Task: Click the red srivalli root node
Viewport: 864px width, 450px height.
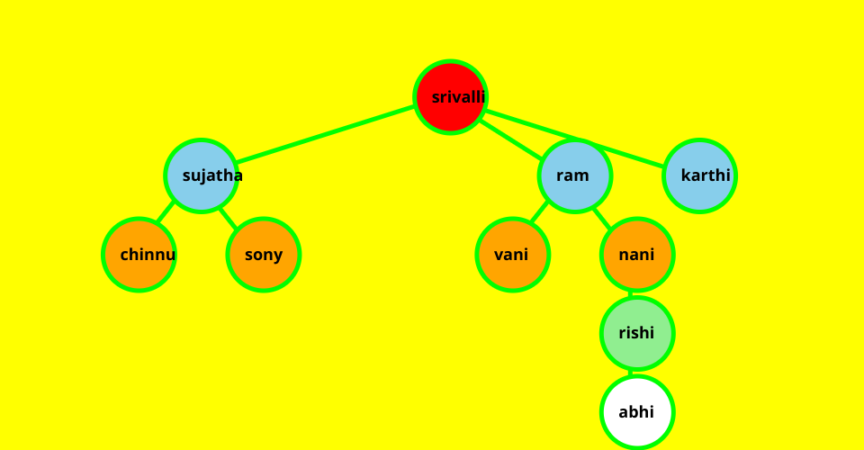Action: tap(451, 97)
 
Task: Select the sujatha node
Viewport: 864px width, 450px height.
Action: tap(201, 175)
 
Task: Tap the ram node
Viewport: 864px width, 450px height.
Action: tap(575, 175)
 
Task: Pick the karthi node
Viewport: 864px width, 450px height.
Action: tap(699, 175)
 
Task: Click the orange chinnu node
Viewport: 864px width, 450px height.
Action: tap(139, 255)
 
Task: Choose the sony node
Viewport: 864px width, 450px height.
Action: tap(263, 255)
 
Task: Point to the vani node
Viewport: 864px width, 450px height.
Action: tap(512, 255)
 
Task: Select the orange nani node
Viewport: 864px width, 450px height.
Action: tap(637, 255)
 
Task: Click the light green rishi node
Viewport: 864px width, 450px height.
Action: tap(637, 333)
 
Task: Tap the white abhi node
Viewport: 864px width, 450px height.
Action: tap(637, 412)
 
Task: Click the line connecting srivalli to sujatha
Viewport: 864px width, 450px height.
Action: tap(324, 136)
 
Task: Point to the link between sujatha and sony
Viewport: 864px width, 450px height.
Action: tap(228, 217)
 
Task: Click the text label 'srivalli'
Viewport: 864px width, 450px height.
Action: tap(458, 97)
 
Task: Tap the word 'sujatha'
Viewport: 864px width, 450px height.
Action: tap(212, 175)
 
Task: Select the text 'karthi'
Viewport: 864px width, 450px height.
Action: tap(706, 175)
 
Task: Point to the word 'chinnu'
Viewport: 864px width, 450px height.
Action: tap(148, 255)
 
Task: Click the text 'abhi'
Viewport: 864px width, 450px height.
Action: tap(636, 412)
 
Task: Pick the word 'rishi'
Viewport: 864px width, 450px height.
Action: tap(636, 333)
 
